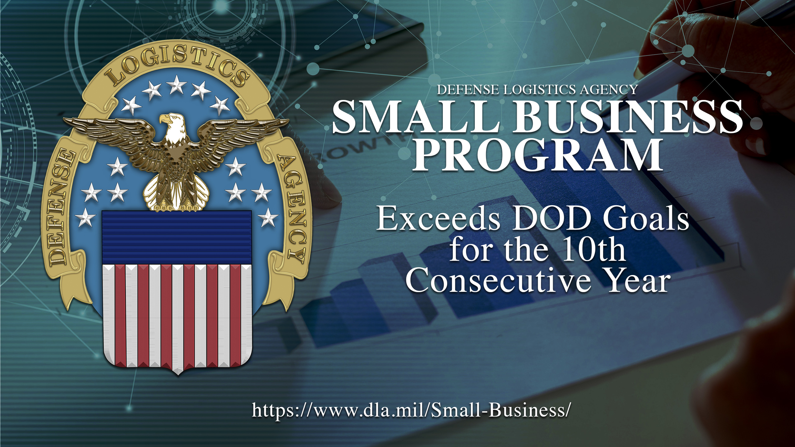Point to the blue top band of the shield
177,237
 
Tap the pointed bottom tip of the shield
177,375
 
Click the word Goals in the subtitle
646,219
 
